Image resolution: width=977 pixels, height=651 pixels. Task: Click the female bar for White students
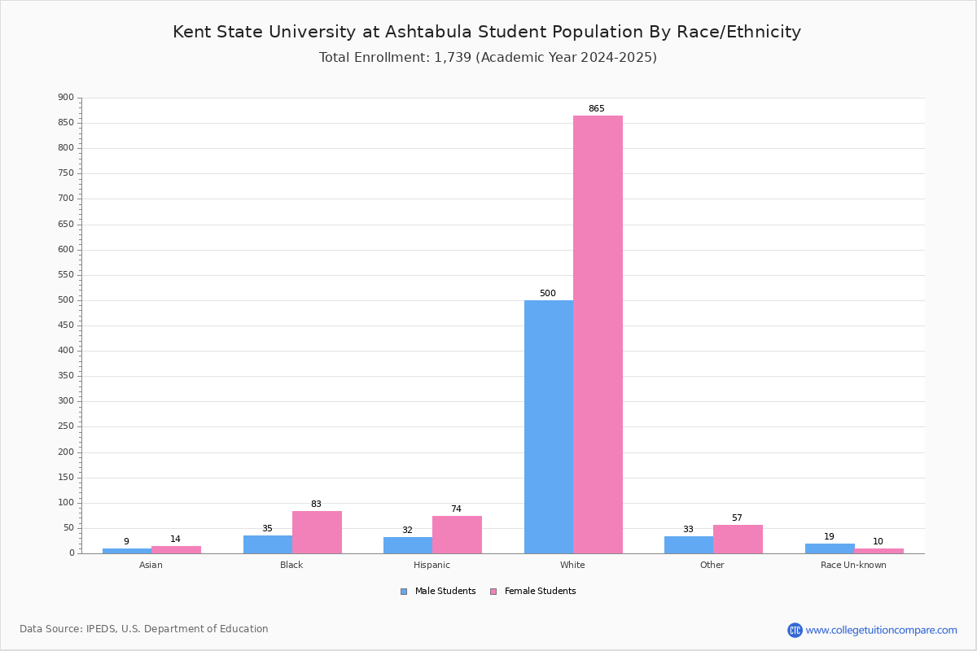[x=598, y=334]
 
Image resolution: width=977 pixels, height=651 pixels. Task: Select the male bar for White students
[x=549, y=427]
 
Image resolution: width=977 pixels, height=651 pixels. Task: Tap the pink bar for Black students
[x=317, y=532]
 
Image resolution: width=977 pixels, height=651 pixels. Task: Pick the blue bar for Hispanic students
[x=408, y=545]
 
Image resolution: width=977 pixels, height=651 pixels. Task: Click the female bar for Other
[x=738, y=540]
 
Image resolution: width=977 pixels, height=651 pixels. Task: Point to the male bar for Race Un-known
[x=830, y=548]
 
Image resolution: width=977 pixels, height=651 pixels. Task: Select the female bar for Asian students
[x=176, y=550]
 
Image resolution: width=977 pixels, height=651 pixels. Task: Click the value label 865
[x=596, y=108]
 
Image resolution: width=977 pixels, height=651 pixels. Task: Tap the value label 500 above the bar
[x=547, y=293]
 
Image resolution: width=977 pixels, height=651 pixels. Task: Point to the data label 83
[x=316, y=504]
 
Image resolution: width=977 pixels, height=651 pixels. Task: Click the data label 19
[x=829, y=536]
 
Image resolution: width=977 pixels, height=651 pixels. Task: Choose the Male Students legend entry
[x=438, y=592]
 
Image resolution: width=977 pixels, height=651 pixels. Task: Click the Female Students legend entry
[x=533, y=592]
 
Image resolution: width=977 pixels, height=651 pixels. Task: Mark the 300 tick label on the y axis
[x=66, y=400]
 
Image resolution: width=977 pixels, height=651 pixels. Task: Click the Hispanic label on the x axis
[x=432, y=565]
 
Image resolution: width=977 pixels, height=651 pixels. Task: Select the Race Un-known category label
[x=853, y=565]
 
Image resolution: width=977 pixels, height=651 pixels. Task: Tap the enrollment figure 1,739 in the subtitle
[x=453, y=58]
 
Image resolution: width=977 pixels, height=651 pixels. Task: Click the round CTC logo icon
[x=795, y=630]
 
